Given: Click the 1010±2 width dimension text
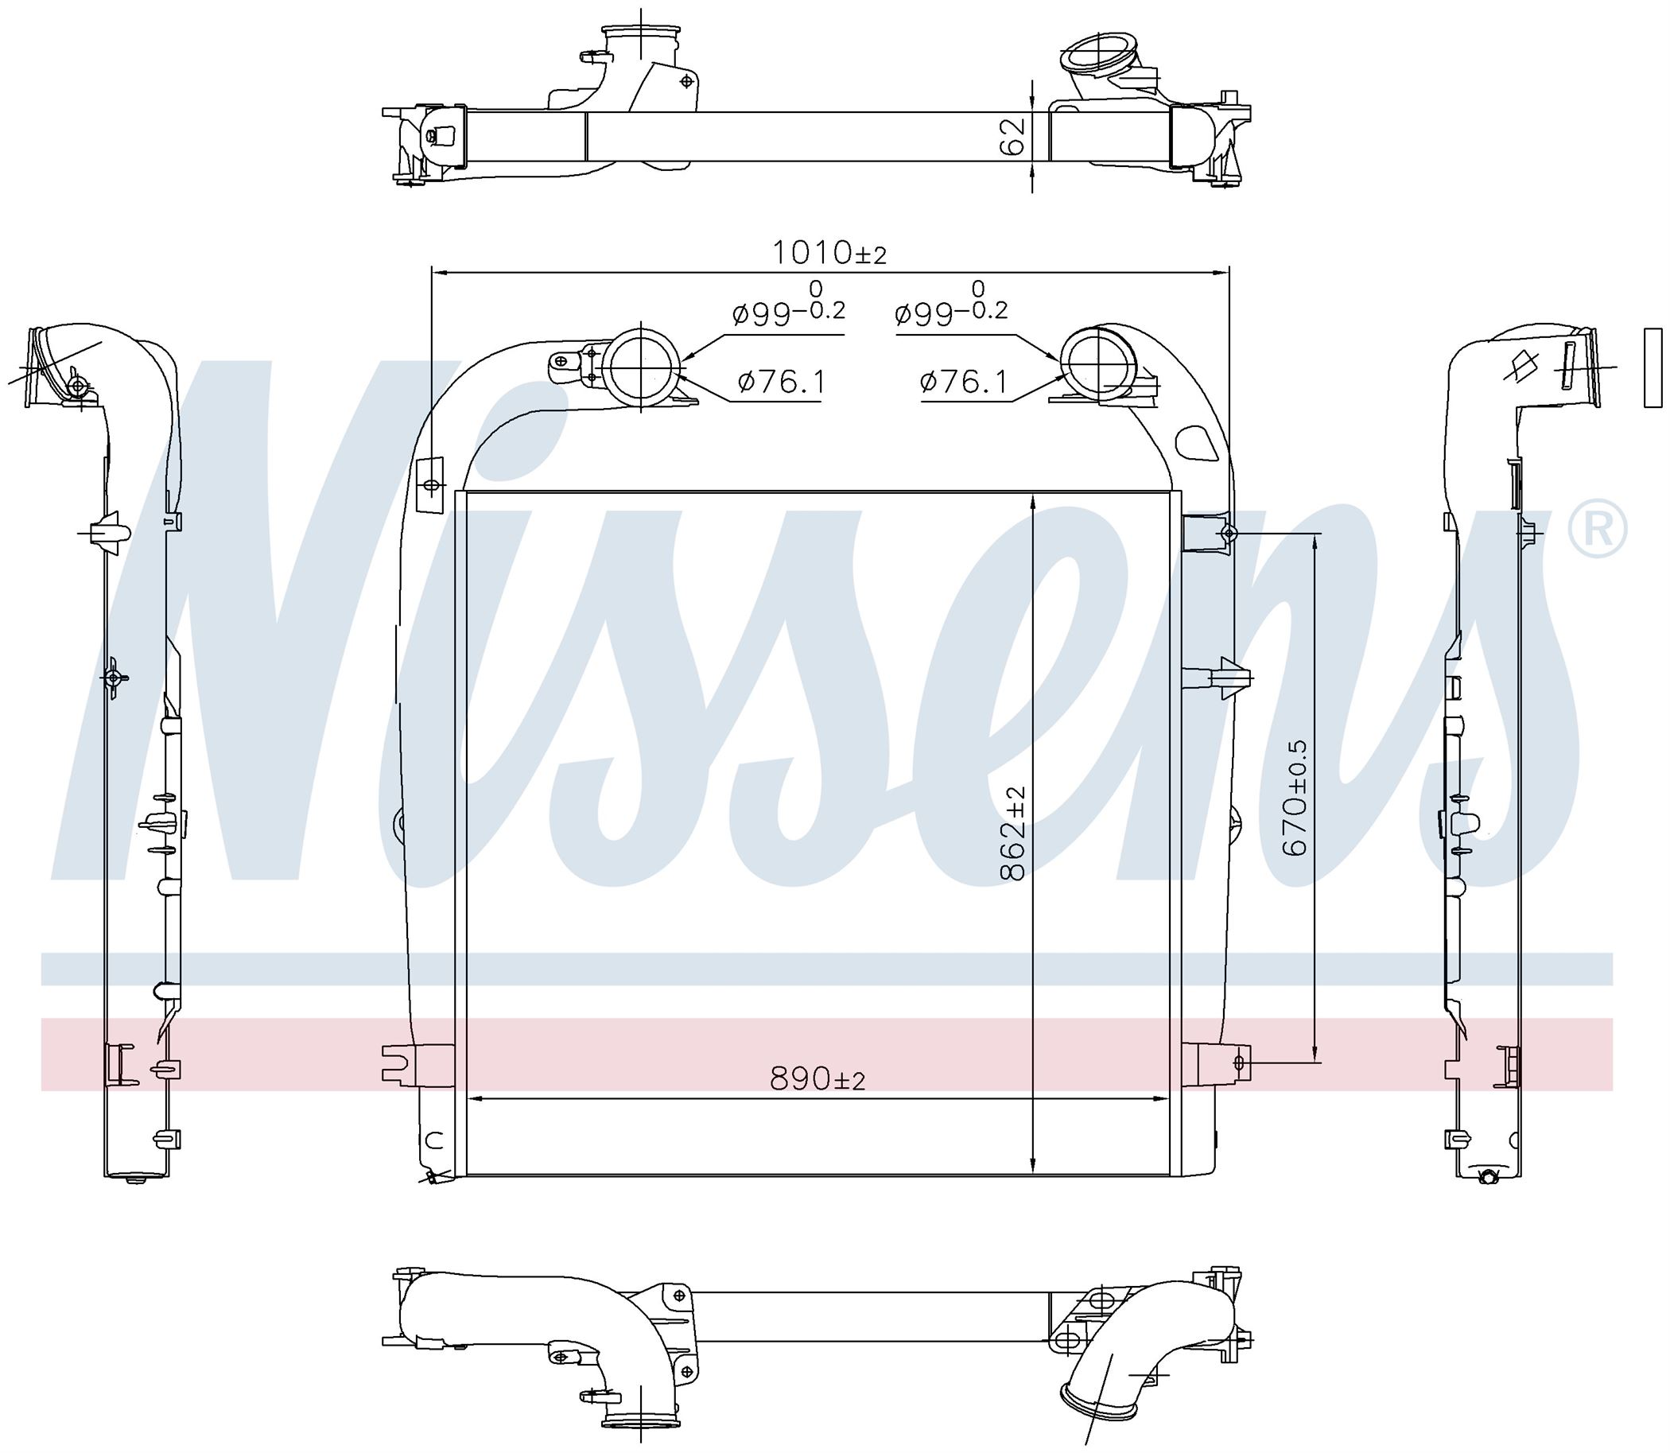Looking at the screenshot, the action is point(829,253).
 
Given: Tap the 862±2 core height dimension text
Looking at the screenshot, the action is point(1012,832).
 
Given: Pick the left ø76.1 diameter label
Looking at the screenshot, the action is point(782,381).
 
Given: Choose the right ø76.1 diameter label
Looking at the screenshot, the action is point(964,381).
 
